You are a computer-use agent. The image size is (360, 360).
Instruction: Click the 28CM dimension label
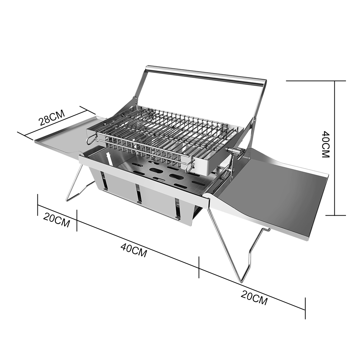(x=51, y=118)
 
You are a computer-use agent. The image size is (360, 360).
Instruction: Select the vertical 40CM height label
(x=325, y=144)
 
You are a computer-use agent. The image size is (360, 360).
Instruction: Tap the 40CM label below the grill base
(x=134, y=250)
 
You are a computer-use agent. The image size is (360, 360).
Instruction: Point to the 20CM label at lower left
(x=57, y=220)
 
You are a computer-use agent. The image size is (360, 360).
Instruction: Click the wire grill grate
(x=165, y=133)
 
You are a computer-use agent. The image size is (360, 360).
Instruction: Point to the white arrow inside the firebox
(x=109, y=158)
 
